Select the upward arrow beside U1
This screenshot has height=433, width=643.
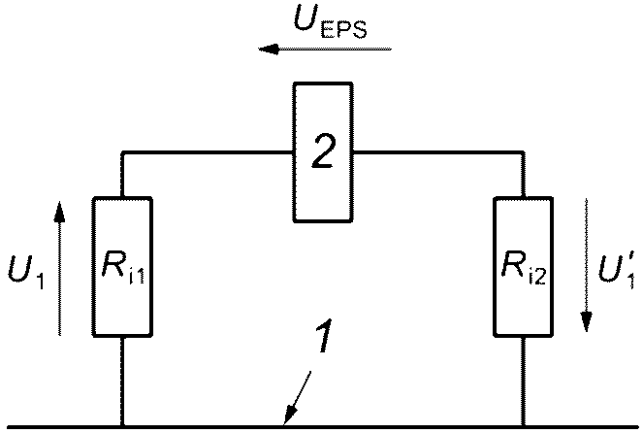point(59,267)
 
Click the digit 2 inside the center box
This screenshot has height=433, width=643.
point(323,151)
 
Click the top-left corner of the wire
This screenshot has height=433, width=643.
point(122,152)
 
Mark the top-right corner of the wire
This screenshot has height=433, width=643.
point(524,152)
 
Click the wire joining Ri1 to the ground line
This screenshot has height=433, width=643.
point(122,382)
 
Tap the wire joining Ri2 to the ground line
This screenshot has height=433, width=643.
point(524,382)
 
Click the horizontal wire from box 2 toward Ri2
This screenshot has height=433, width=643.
point(436,152)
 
